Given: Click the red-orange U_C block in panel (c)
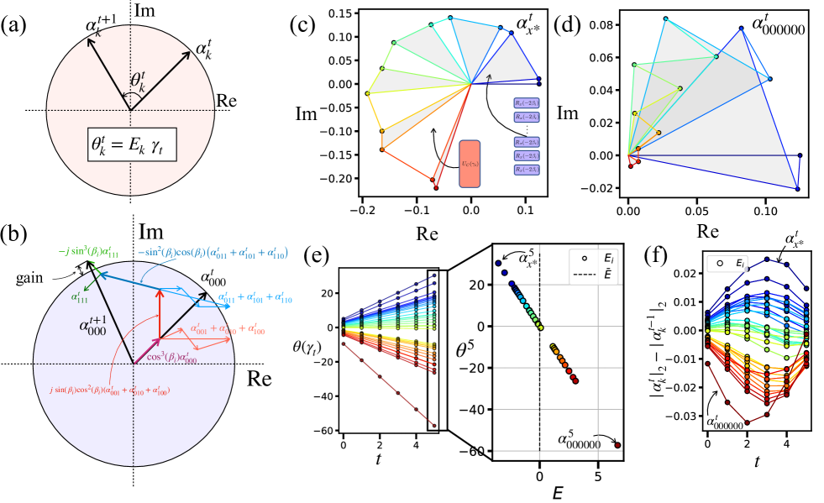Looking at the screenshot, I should tap(469, 164).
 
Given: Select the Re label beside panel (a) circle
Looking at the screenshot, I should tap(226, 101).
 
